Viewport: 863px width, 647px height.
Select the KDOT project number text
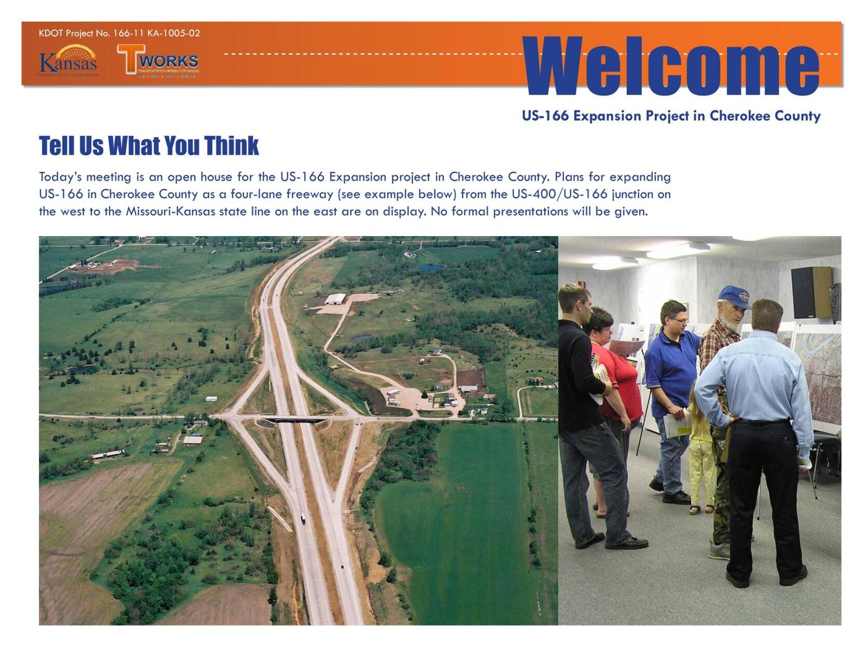point(119,33)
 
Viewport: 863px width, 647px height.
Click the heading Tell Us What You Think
point(148,146)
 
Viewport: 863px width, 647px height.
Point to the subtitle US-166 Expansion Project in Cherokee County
point(671,116)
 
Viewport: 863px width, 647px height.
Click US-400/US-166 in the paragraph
point(559,194)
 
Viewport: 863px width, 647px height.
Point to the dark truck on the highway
point(303,520)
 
